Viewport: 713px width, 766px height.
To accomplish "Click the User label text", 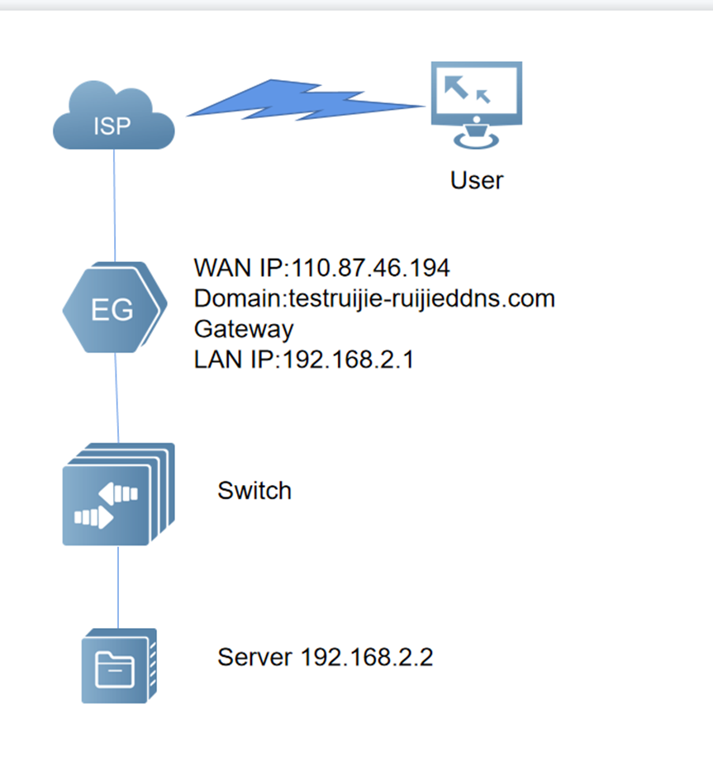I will point(477,180).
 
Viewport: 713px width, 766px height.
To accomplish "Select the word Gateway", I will point(244,329).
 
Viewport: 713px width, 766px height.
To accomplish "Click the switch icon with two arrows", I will point(116,495).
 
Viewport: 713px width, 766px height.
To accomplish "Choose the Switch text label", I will point(254,491).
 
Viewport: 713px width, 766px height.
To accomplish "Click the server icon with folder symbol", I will point(118,667).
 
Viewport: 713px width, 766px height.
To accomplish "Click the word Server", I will point(254,658).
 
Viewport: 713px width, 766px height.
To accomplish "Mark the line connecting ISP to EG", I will point(115,207).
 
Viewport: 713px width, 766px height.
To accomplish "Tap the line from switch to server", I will point(118,587).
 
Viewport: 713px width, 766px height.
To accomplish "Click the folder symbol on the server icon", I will point(113,668).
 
